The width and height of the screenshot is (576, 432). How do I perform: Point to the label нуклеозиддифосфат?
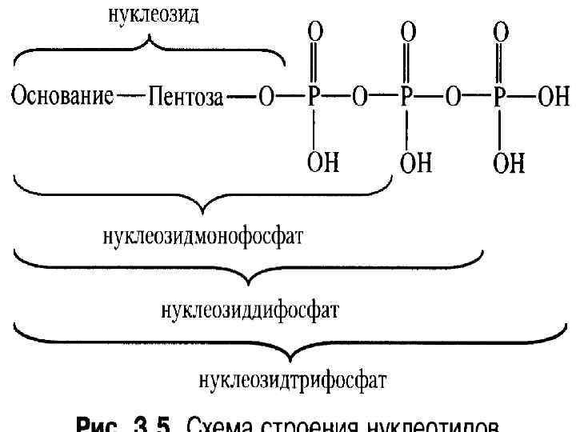point(250,308)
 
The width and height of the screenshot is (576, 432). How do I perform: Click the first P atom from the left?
point(314,98)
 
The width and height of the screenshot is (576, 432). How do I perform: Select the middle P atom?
point(406,98)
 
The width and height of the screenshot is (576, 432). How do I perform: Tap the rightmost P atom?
point(500,98)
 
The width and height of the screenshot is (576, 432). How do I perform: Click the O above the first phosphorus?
point(314,33)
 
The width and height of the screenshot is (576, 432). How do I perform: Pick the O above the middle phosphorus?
point(407,33)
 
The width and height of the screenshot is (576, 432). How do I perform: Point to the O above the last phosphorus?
point(501,33)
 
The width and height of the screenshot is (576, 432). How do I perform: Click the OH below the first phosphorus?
point(322,163)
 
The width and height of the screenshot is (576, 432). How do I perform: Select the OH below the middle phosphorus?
point(415,163)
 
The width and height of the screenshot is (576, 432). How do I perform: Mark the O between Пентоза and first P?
point(266,98)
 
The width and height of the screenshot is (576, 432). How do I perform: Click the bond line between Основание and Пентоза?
point(129,98)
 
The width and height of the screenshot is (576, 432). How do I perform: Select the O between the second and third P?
point(454,98)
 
